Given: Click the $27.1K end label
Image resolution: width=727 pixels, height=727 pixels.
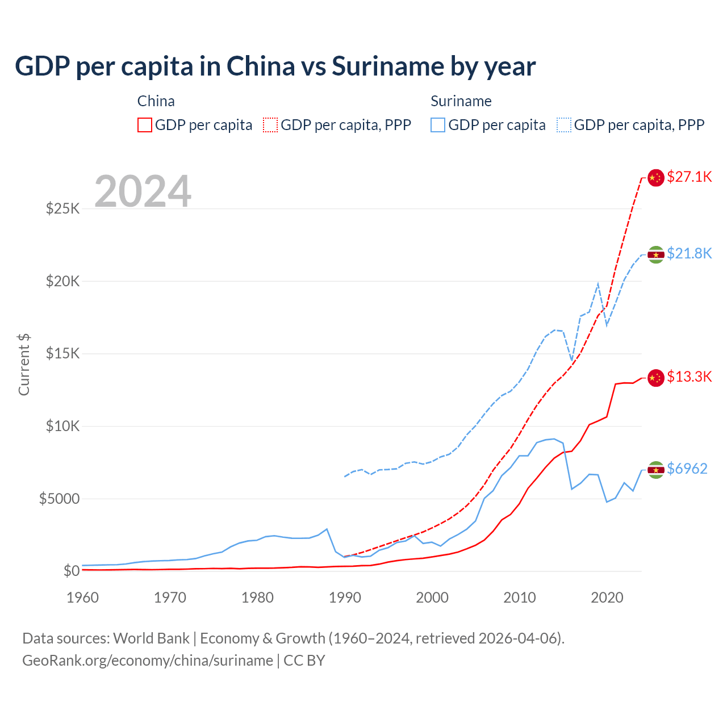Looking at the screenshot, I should click(689, 177).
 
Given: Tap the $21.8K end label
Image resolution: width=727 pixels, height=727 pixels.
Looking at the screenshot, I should click(689, 253).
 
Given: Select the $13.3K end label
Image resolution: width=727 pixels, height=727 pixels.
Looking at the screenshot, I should click(689, 377).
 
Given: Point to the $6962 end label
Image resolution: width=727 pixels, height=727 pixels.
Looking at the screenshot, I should click(687, 469).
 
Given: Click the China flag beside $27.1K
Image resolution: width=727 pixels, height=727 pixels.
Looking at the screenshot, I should click(656, 178).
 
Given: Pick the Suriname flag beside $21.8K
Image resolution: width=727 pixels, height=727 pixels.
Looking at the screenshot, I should click(656, 254).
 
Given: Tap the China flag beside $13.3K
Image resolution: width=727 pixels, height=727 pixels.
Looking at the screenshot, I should click(656, 378).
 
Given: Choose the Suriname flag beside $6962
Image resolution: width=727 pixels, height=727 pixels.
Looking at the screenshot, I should click(656, 470).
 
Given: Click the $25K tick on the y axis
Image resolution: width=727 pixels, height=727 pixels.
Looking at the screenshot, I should click(63, 208).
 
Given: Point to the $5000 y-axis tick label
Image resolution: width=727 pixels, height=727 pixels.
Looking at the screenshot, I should click(60, 499).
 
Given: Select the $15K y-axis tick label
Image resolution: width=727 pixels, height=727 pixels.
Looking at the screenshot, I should click(63, 354).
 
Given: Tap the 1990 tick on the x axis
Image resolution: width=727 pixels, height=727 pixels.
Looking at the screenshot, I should click(345, 598).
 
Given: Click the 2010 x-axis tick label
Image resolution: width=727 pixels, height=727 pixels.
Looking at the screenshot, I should click(520, 598).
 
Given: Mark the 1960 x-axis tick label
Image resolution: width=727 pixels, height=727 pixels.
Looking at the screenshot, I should click(83, 598).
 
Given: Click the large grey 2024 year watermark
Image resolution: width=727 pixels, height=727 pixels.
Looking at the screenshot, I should click(143, 191).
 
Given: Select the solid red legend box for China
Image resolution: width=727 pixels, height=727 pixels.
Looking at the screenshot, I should click(145, 125).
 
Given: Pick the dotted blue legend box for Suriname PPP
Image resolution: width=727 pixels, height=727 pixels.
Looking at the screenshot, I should click(564, 125).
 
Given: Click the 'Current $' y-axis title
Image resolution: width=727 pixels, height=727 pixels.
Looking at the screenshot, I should click(24, 365).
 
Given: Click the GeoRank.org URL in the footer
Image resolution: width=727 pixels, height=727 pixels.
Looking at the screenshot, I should click(148, 661).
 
